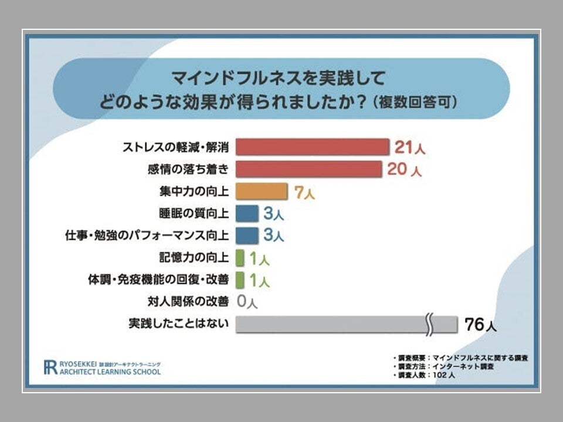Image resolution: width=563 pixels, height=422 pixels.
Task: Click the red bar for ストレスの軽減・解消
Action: (x=312, y=147)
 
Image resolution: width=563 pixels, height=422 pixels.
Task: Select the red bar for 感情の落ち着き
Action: (x=308, y=169)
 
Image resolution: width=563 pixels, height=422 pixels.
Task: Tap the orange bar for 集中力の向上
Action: (x=262, y=191)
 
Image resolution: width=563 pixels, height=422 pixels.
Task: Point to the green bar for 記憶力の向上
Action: (x=240, y=258)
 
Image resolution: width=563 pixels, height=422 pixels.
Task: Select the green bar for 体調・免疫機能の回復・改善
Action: (x=240, y=280)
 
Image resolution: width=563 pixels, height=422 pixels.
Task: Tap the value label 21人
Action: (x=409, y=147)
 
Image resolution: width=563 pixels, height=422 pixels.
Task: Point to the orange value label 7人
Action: (x=304, y=192)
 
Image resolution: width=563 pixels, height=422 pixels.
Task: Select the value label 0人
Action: (x=247, y=302)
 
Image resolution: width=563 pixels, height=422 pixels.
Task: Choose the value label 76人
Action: (x=480, y=325)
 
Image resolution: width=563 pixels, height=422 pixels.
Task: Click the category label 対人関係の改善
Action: (x=188, y=302)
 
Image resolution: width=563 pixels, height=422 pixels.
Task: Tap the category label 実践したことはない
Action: (x=178, y=324)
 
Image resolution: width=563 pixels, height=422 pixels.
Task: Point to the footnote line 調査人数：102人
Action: (x=425, y=375)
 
